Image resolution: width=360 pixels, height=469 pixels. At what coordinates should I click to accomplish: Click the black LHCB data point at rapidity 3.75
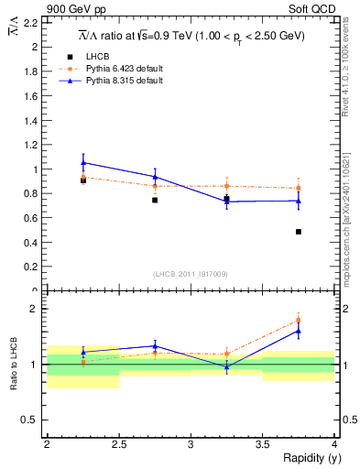299,232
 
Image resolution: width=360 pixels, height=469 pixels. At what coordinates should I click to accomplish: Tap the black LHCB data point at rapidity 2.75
155,200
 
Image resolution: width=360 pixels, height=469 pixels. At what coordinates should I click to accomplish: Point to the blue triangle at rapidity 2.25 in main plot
83,162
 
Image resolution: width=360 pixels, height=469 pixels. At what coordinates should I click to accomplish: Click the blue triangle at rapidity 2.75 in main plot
155,177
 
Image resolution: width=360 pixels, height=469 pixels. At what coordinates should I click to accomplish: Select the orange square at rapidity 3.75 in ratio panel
299,321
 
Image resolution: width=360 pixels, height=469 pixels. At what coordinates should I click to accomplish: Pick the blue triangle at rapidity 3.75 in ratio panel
299,332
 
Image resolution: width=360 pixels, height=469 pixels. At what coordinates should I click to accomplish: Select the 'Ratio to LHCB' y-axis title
15,365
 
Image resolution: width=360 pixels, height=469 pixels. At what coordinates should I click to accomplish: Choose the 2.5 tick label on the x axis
119,443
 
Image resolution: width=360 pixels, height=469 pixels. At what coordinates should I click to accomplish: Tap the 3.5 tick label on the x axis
262,443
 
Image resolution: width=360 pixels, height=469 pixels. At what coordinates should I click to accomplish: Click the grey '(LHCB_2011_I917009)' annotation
191,273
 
